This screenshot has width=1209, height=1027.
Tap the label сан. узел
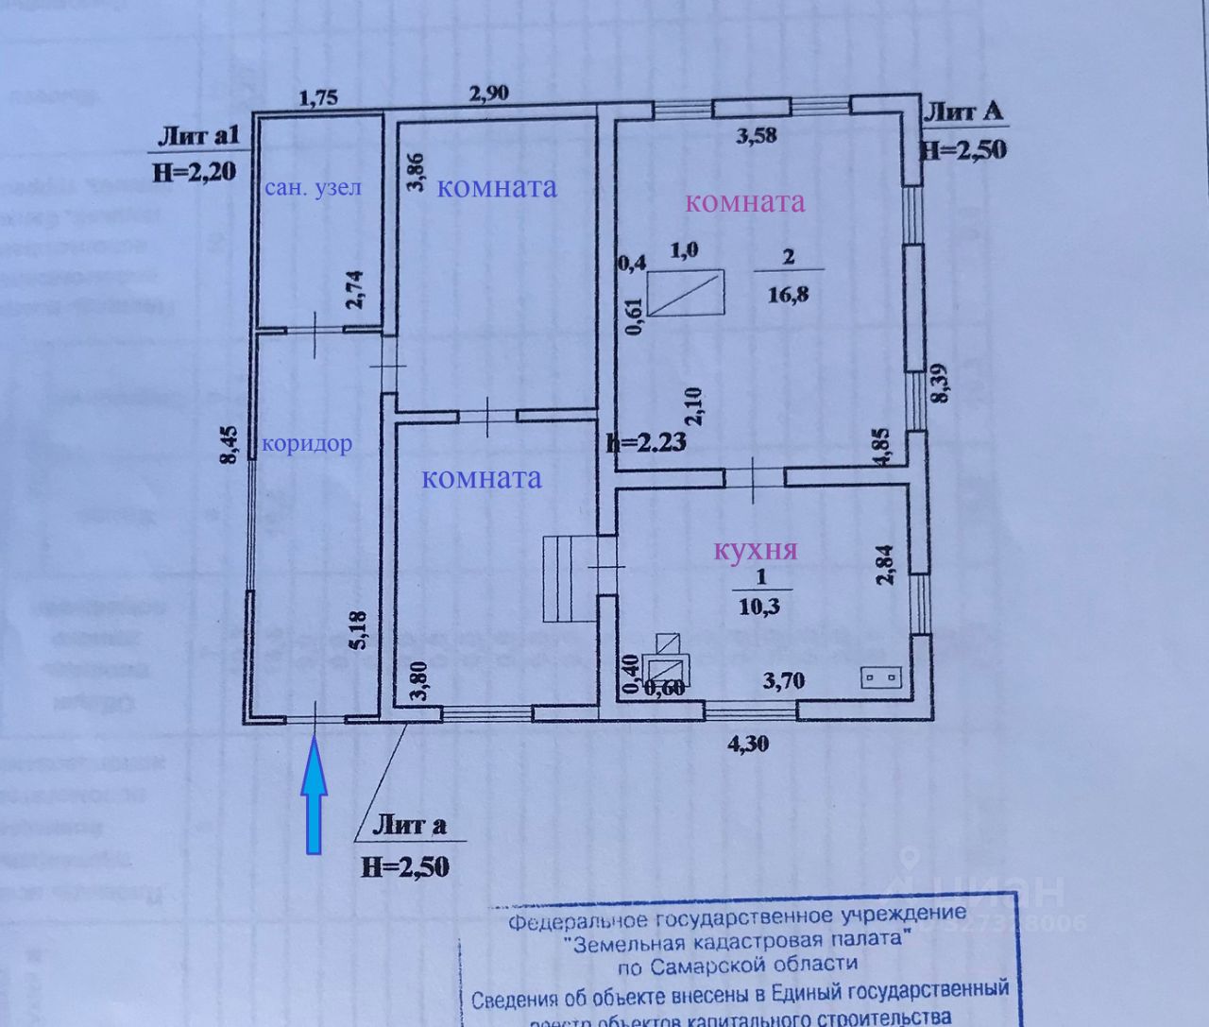pos(313,186)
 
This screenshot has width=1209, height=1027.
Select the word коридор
pos(307,443)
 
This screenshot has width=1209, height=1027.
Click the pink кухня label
pos(756,550)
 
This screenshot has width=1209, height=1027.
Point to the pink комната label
pos(744,201)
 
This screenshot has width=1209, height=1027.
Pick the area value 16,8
pos(789,294)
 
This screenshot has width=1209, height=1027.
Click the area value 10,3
pos(760,607)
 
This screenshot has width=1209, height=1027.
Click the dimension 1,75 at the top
pos(318,97)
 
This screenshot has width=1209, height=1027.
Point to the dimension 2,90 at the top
pos(489,93)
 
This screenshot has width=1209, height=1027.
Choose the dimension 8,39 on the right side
pos(937,385)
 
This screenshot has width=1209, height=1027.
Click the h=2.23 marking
pos(646,442)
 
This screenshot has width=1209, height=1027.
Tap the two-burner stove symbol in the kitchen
pos(882,676)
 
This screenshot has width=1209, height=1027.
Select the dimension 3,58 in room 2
pos(757,135)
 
